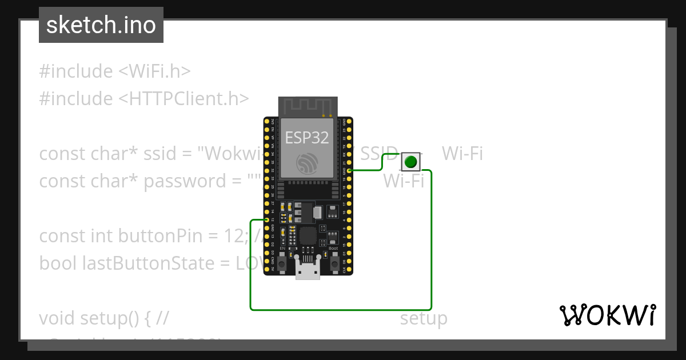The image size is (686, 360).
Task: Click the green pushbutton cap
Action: tap(410, 162)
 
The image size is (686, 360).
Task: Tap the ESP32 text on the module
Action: tap(307, 138)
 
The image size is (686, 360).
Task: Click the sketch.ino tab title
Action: tap(101, 25)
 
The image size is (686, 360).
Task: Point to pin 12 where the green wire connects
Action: tap(267, 220)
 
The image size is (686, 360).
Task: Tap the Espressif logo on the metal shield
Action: tap(307, 163)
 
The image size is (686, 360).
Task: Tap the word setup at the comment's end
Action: tap(423, 318)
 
